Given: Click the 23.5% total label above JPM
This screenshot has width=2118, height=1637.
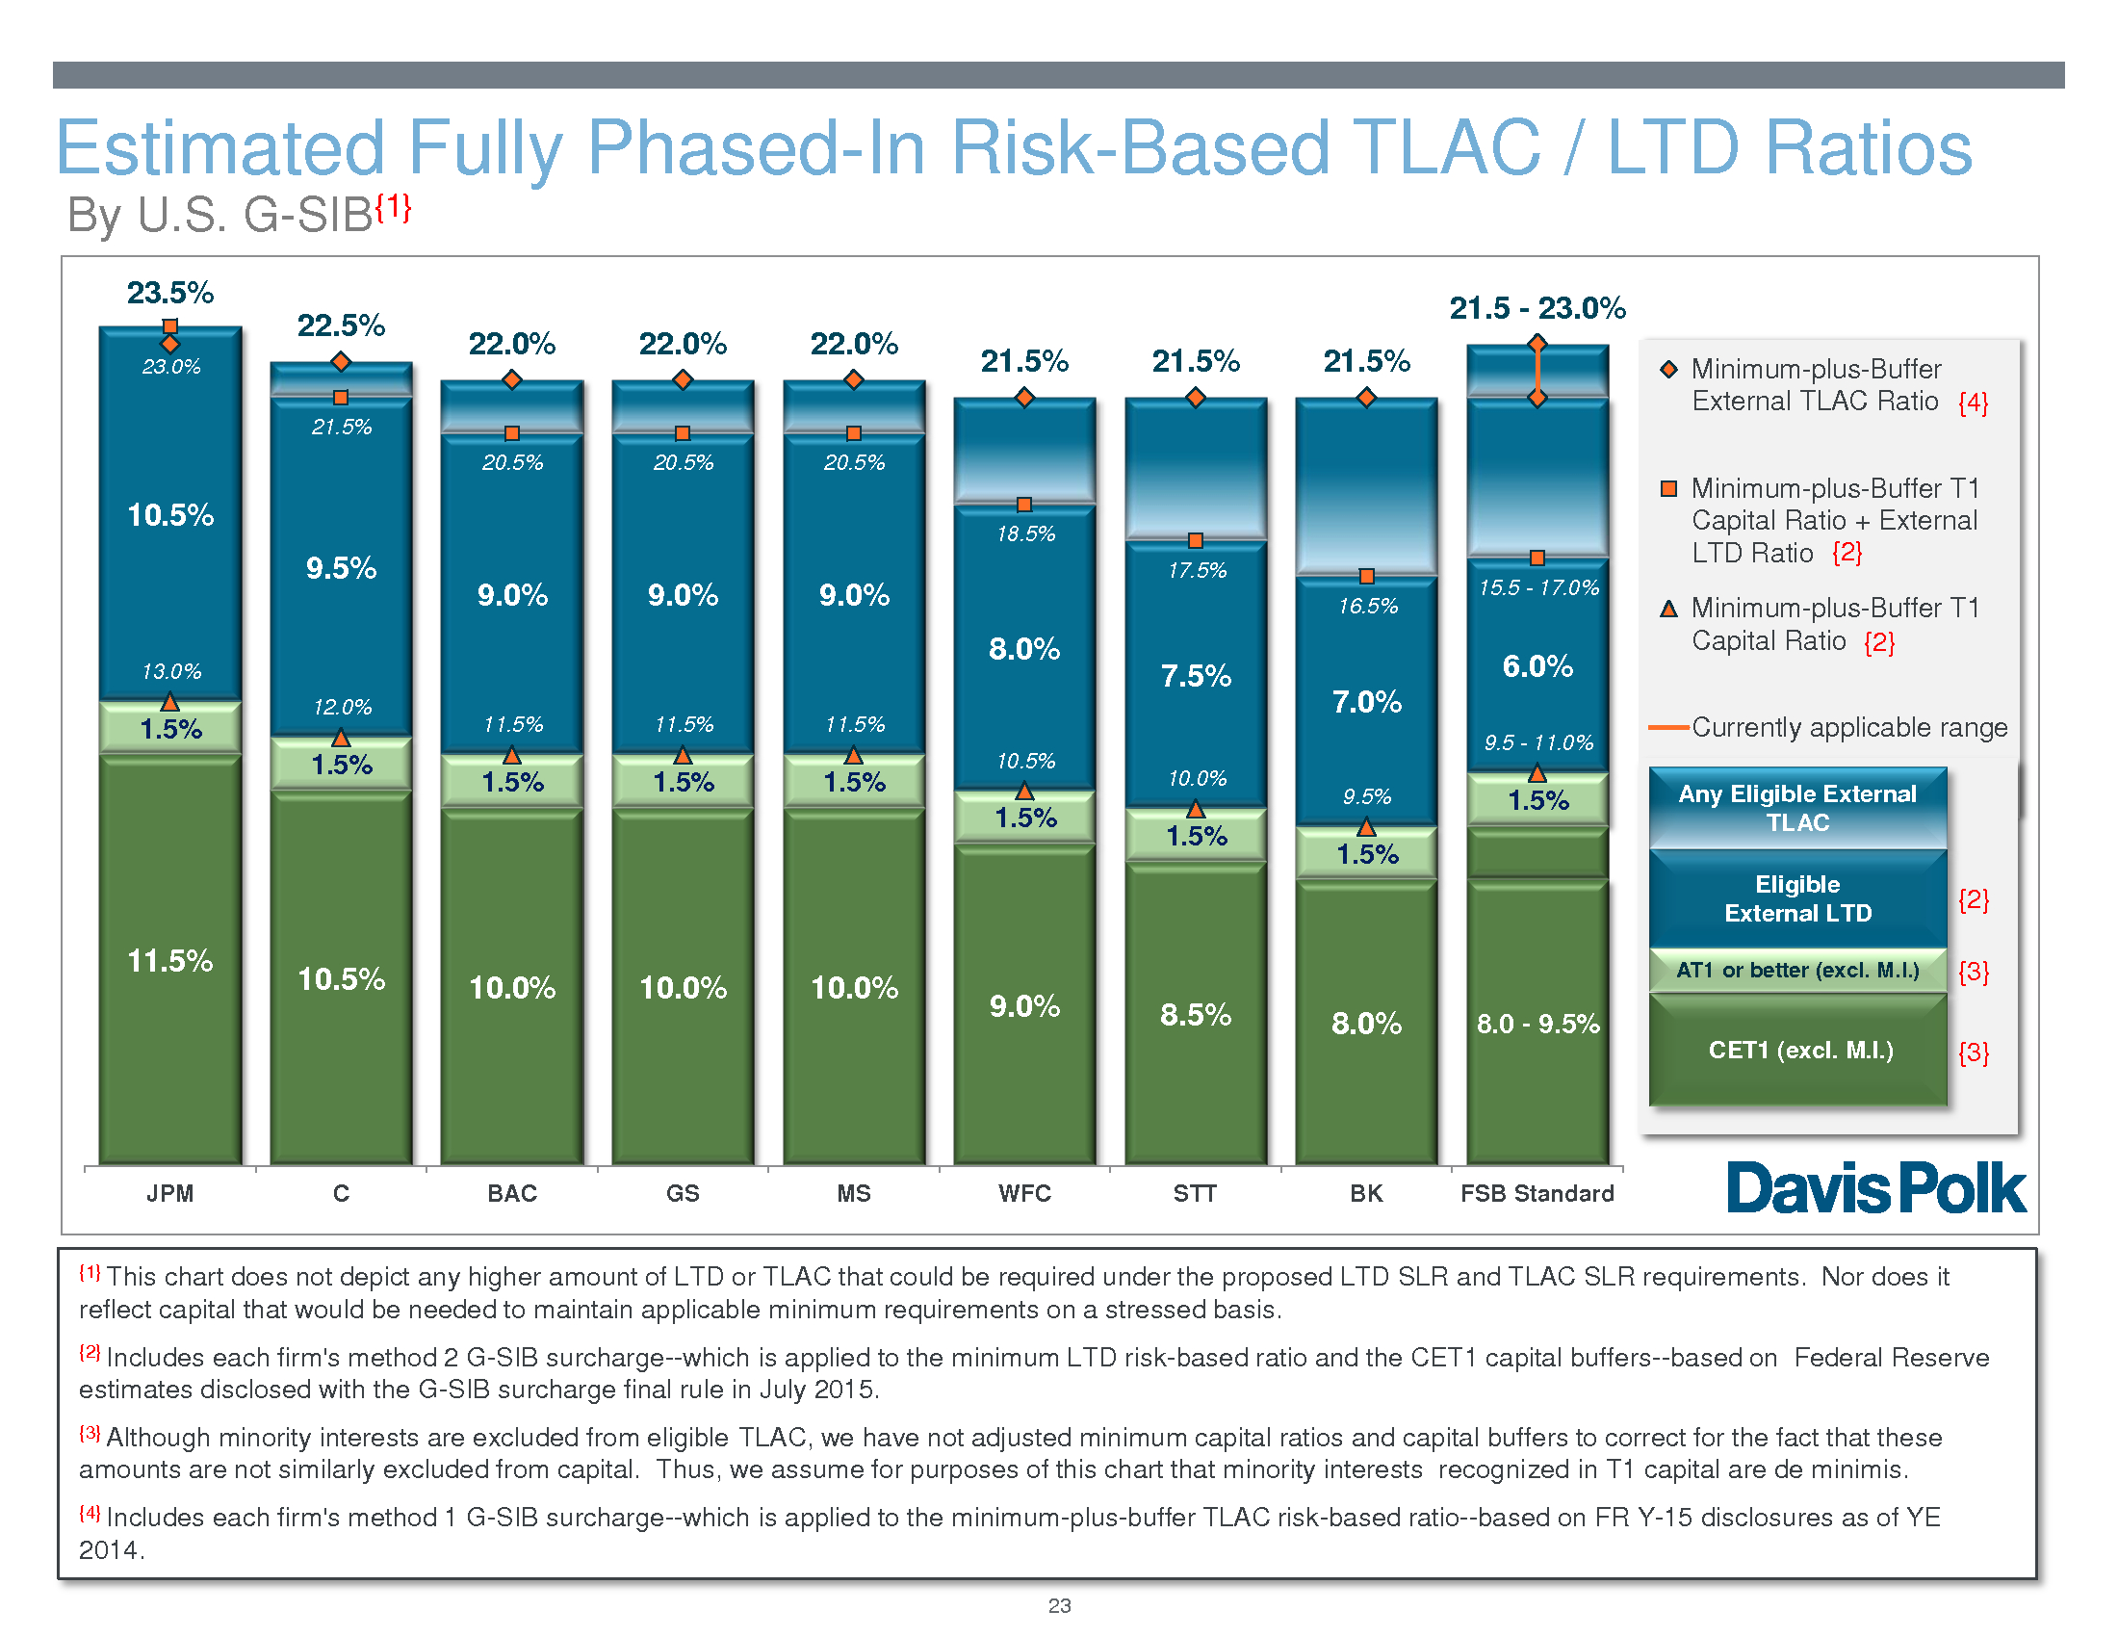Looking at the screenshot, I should click(x=169, y=293).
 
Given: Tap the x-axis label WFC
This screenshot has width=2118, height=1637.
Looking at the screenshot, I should click(x=1024, y=1193).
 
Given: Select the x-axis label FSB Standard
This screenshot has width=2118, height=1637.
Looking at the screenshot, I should click(x=1537, y=1193).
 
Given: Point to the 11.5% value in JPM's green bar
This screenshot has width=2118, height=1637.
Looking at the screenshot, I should click(x=169, y=961).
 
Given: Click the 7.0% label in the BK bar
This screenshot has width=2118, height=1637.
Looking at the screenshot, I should click(x=1366, y=701).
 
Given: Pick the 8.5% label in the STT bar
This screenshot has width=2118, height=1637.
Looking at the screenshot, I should click(x=1196, y=1014).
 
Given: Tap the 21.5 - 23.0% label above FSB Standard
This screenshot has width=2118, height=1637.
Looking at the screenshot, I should click(x=1537, y=308).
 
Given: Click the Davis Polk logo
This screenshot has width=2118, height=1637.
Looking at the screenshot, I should click(x=1875, y=1188).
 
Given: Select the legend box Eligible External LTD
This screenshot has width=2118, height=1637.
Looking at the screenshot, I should click(x=1797, y=899).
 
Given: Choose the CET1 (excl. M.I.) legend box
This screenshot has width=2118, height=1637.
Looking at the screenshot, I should click(x=1797, y=1051).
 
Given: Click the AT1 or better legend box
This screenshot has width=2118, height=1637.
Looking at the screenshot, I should click(x=1797, y=970).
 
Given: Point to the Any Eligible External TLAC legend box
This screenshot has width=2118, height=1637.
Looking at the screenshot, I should click(x=1797, y=808).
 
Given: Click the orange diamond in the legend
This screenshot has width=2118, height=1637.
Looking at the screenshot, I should click(x=1669, y=370).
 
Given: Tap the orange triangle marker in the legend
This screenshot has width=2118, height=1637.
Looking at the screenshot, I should click(x=1669, y=609).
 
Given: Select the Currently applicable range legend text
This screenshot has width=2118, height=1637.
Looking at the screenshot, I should click(x=1849, y=727).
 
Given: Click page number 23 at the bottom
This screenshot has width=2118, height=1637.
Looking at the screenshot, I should click(x=1059, y=1605).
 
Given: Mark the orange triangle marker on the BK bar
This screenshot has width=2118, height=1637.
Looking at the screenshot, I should click(x=1366, y=827).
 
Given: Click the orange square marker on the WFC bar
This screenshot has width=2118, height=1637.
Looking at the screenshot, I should click(x=1024, y=505).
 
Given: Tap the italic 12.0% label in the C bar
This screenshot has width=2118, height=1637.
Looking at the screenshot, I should click(x=342, y=707).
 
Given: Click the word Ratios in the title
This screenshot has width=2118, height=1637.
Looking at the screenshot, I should click(x=1790, y=148).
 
